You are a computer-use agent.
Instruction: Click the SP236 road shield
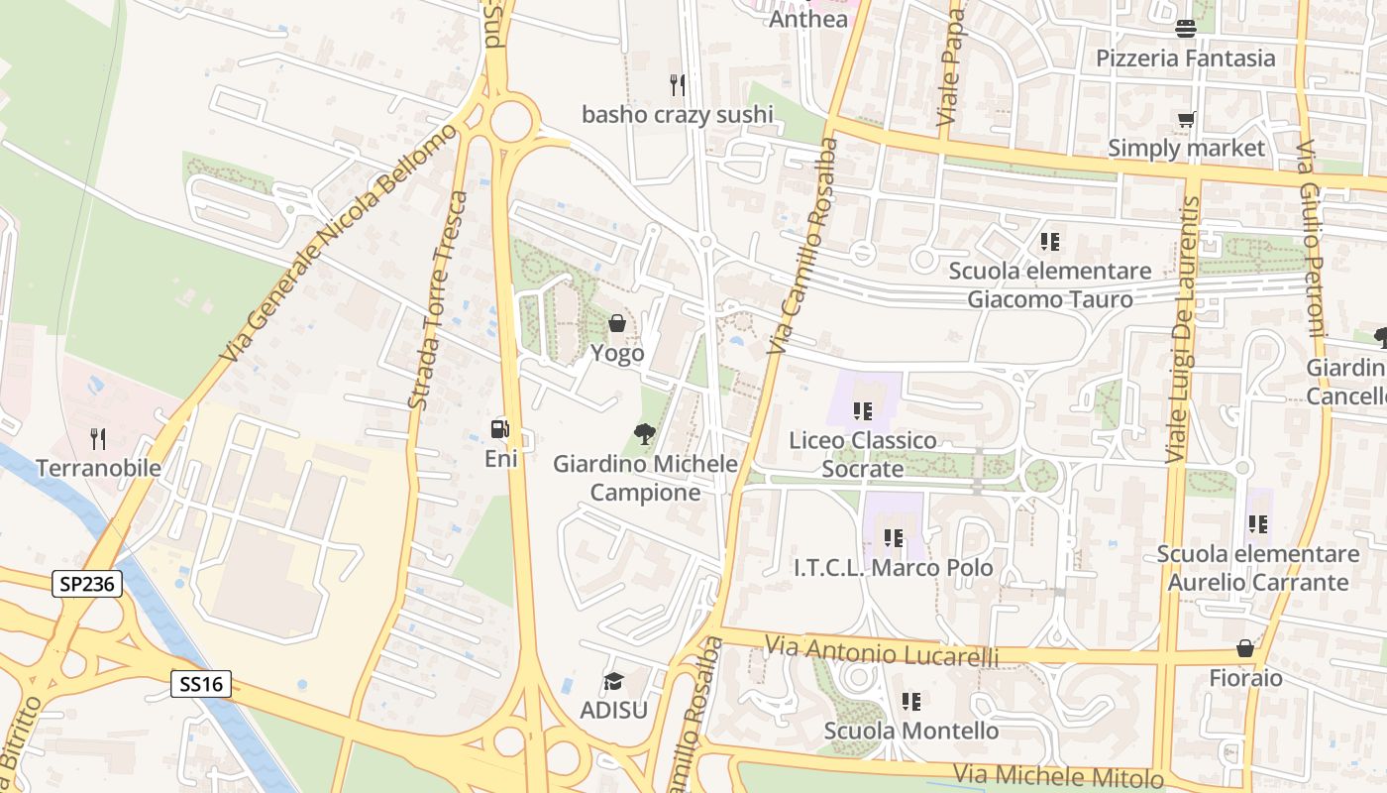(87, 585)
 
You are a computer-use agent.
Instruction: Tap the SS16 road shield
(201, 683)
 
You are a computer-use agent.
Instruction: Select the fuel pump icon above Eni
(500, 429)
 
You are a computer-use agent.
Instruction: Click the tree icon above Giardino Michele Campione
(645, 433)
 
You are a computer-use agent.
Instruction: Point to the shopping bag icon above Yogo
(617, 323)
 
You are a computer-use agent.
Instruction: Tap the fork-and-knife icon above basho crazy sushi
(678, 84)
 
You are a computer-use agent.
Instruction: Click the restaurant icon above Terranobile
(98, 438)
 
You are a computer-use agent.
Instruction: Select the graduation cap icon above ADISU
(613, 682)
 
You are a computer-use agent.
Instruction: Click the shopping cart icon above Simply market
(1186, 120)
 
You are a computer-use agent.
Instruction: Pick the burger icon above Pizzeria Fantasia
(1186, 29)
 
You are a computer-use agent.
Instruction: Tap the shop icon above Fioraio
(1245, 648)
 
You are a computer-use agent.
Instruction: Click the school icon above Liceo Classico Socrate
(862, 410)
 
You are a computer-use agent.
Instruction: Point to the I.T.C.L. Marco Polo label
(894, 568)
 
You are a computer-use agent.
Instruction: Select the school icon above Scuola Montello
(911, 702)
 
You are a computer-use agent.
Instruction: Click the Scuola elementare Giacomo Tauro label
(1050, 284)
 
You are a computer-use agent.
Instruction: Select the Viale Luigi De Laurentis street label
(1183, 330)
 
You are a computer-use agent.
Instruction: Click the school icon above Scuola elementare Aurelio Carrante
(1258, 524)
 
